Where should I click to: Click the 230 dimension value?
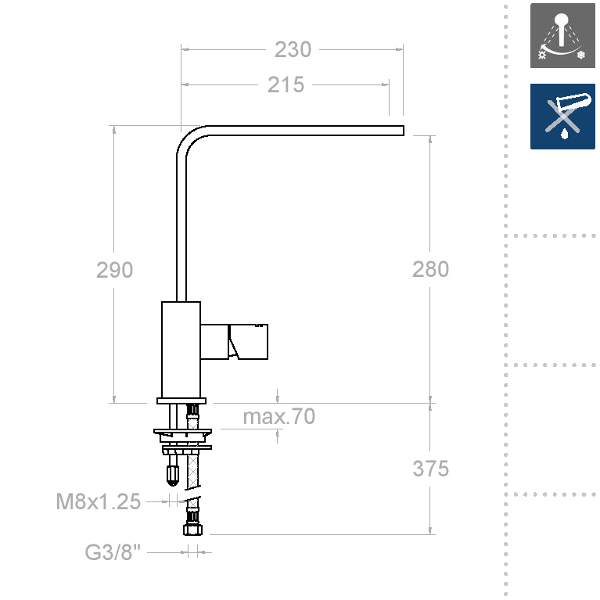[x=293, y=50]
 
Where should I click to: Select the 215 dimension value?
[x=286, y=84]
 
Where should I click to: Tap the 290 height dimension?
[x=114, y=270]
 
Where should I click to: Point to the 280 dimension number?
[x=430, y=269]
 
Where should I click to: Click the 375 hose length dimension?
[x=430, y=469]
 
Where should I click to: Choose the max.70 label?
[x=279, y=416]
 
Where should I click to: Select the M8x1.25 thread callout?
[x=99, y=501]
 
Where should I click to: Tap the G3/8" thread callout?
[x=113, y=552]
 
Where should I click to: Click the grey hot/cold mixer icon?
[x=562, y=35]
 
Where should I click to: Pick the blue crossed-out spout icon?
[x=562, y=117]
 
